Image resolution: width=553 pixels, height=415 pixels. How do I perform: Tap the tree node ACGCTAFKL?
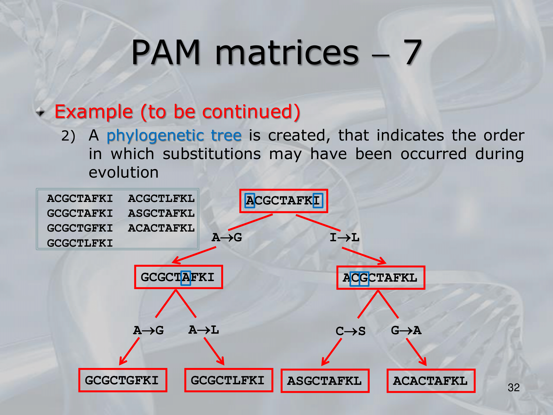(x=380, y=278)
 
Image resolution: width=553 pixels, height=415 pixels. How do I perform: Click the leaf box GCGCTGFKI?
(x=122, y=380)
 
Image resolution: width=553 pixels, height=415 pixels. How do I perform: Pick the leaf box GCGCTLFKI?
(x=228, y=380)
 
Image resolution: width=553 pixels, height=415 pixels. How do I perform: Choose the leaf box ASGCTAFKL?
(x=325, y=381)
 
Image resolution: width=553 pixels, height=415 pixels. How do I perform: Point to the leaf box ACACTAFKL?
(x=431, y=381)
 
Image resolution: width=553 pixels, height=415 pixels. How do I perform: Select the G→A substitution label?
(x=406, y=330)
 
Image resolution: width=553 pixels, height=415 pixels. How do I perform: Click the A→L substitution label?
(x=204, y=330)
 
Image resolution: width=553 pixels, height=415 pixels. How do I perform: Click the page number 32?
(x=513, y=388)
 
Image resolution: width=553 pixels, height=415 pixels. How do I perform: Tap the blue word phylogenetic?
(x=155, y=136)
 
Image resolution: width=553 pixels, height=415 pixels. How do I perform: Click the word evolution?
(x=124, y=172)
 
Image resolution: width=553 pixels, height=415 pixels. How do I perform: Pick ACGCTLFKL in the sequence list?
(x=161, y=199)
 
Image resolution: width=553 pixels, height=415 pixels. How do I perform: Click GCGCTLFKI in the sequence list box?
(x=80, y=243)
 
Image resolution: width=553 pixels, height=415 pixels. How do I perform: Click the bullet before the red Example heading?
(x=40, y=112)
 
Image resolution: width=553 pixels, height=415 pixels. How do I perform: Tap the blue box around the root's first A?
(x=250, y=201)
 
